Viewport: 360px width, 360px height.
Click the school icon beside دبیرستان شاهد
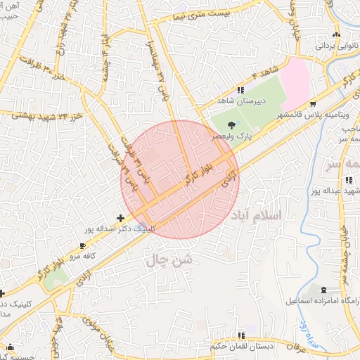click(241, 90)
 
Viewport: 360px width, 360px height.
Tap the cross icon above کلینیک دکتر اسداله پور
click(121, 218)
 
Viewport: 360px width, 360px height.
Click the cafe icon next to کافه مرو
click(84, 246)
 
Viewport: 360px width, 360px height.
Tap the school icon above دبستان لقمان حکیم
click(241, 335)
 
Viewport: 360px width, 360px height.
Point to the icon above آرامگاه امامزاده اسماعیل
click(323, 290)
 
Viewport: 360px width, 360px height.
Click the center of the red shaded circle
click(181, 179)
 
